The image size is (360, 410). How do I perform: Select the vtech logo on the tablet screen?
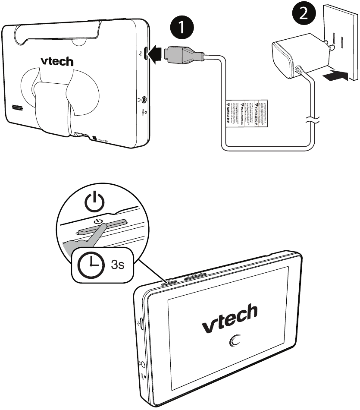point(229,319)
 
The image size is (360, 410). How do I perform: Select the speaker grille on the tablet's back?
point(17,107)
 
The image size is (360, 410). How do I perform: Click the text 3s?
point(118,264)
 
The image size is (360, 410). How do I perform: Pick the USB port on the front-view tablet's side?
point(141,323)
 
